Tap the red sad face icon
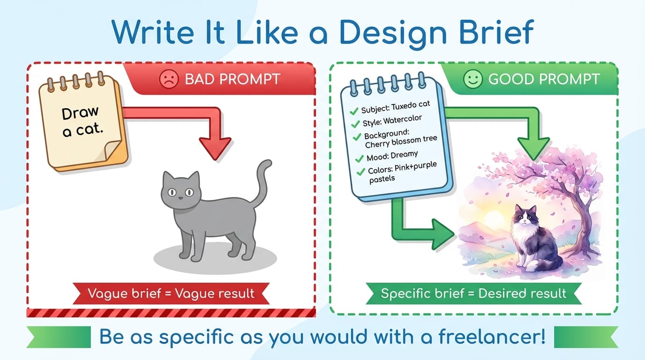click(169, 79)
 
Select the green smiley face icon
click(473, 79)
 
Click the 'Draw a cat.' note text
click(82, 122)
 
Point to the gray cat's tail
click(261, 181)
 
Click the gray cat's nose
click(180, 198)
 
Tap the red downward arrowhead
click(215, 148)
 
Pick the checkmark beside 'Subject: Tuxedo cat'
click(354, 111)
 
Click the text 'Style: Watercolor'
click(392, 120)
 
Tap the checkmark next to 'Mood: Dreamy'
click(360, 158)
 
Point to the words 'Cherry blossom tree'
click(401, 142)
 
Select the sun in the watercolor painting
click(495, 220)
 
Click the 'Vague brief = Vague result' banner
click(171, 293)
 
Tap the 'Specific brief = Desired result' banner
click(473, 293)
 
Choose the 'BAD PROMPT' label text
click(232, 79)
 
